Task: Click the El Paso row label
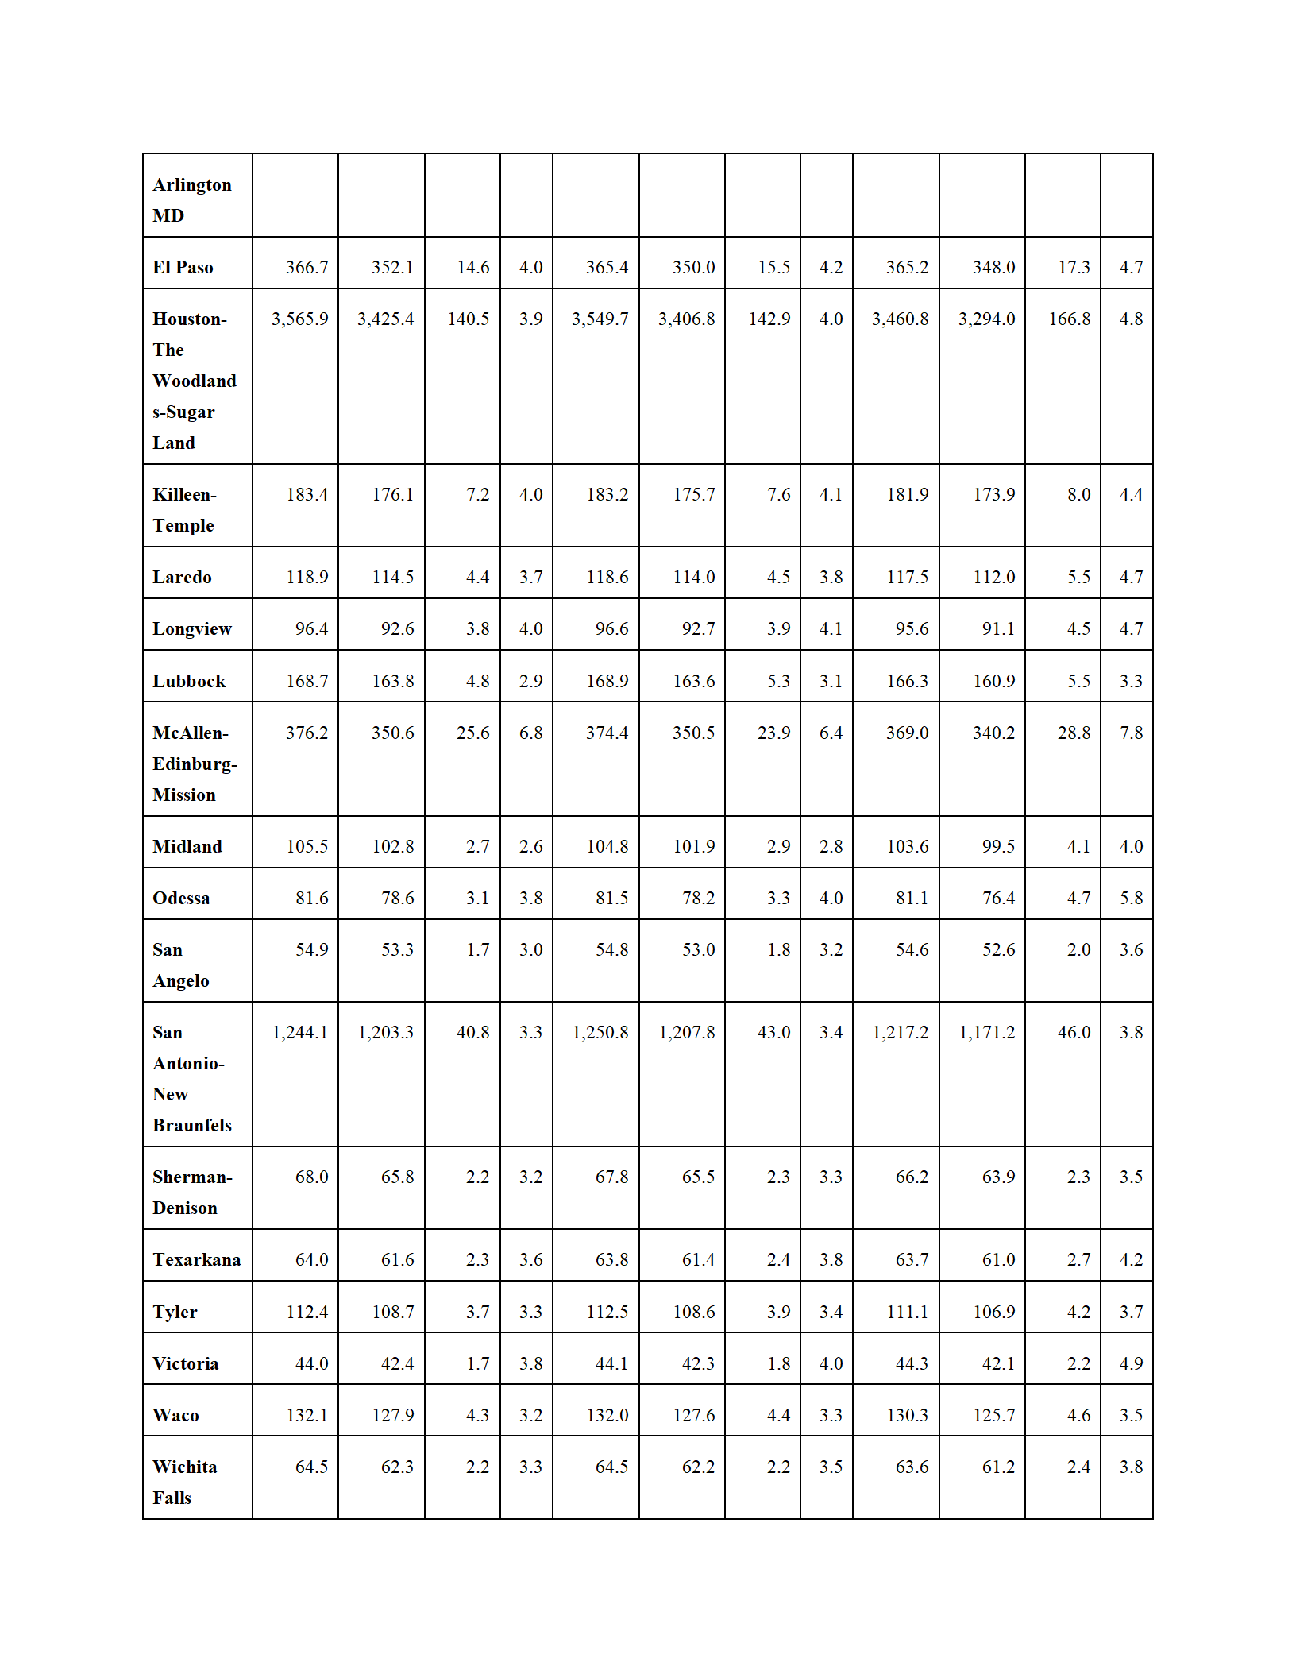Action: (183, 267)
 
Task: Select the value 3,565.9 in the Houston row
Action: (299, 319)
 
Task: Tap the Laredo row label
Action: (182, 577)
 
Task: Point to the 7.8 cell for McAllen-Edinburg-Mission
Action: (1131, 733)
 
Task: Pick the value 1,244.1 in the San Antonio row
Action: (299, 1032)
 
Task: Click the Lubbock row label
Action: (189, 681)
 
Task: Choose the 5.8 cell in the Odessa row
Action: (1131, 898)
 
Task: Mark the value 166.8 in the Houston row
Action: (1069, 319)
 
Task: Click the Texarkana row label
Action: (196, 1259)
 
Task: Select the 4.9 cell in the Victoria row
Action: (1131, 1363)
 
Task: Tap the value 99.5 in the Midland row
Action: (998, 846)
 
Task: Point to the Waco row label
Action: (175, 1415)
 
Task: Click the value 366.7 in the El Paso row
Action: (307, 267)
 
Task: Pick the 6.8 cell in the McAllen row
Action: (530, 733)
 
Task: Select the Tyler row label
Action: (175, 1312)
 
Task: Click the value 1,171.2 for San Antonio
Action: (986, 1032)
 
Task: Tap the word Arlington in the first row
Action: (192, 184)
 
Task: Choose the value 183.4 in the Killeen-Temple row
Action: (307, 494)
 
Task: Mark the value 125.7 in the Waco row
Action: (993, 1415)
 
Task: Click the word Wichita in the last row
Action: (184, 1467)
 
